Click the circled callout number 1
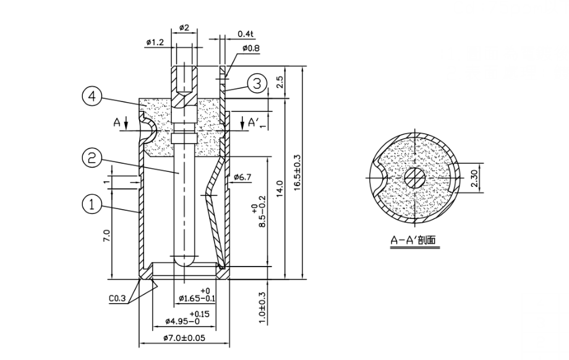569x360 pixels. (92, 205)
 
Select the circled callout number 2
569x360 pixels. (92, 158)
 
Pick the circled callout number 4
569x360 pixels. (92, 96)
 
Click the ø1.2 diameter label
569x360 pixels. (155, 43)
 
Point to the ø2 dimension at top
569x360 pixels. (184, 28)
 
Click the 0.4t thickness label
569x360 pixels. (246, 33)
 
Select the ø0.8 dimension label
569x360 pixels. (250, 48)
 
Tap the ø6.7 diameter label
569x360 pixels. (243, 178)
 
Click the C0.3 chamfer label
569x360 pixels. (118, 299)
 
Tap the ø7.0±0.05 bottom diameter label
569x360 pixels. (184, 338)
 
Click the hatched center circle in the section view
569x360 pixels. (414, 179)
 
